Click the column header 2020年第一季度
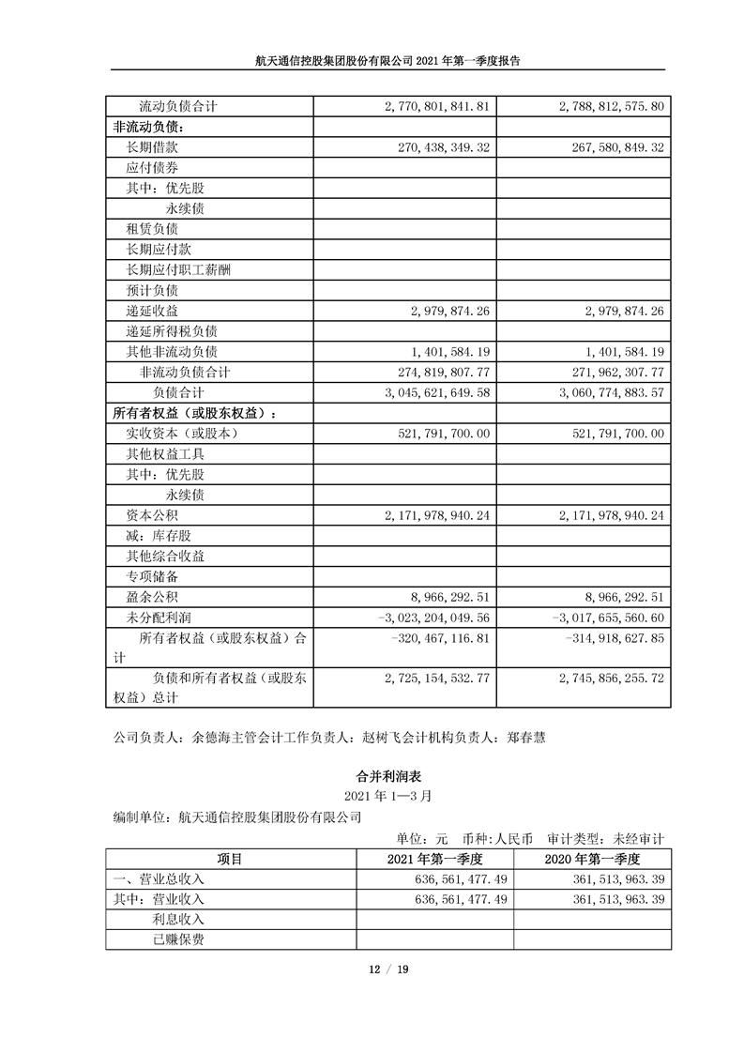click(x=592, y=859)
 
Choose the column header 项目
click(x=230, y=859)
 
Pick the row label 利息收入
click(x=172, y=920)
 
